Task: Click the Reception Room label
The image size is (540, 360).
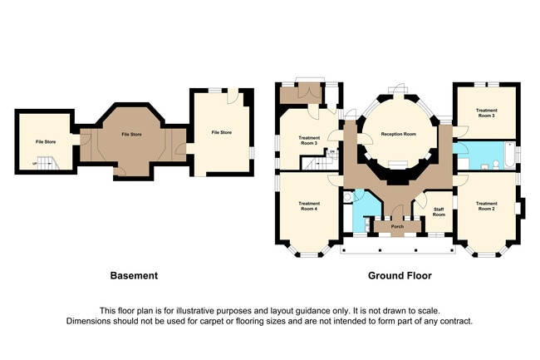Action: point(397,134)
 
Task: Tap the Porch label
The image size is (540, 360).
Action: point(397,225)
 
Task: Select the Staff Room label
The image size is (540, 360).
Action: point(439,212)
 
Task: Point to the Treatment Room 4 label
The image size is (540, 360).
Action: point(309,206)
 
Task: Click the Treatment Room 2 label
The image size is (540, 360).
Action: point(486,206)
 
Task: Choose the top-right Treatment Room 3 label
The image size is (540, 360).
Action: point(486,113)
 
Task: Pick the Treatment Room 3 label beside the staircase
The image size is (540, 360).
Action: point(309,141)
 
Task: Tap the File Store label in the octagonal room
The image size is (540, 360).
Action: point(130,134)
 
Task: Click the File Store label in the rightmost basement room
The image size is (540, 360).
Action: point(221,133)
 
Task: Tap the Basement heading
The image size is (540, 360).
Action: point(134,275)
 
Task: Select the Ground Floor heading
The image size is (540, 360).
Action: point(400,275)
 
